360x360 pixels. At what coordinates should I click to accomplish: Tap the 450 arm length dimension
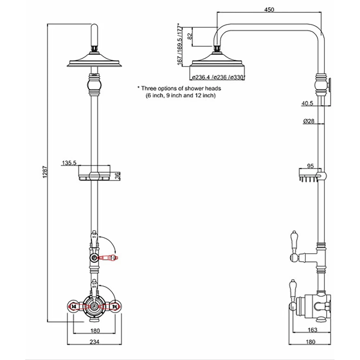(x=269, y=10)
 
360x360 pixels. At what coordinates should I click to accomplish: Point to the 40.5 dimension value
(x=308, y=104)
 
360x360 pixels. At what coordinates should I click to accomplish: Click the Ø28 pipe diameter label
(x=309, y=121)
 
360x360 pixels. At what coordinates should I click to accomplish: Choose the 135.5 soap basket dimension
(x=69, y=163)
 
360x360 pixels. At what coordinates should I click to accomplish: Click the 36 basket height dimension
(x=117, y=176)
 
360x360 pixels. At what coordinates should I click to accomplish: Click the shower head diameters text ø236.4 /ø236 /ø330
(x=218, y=77)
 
